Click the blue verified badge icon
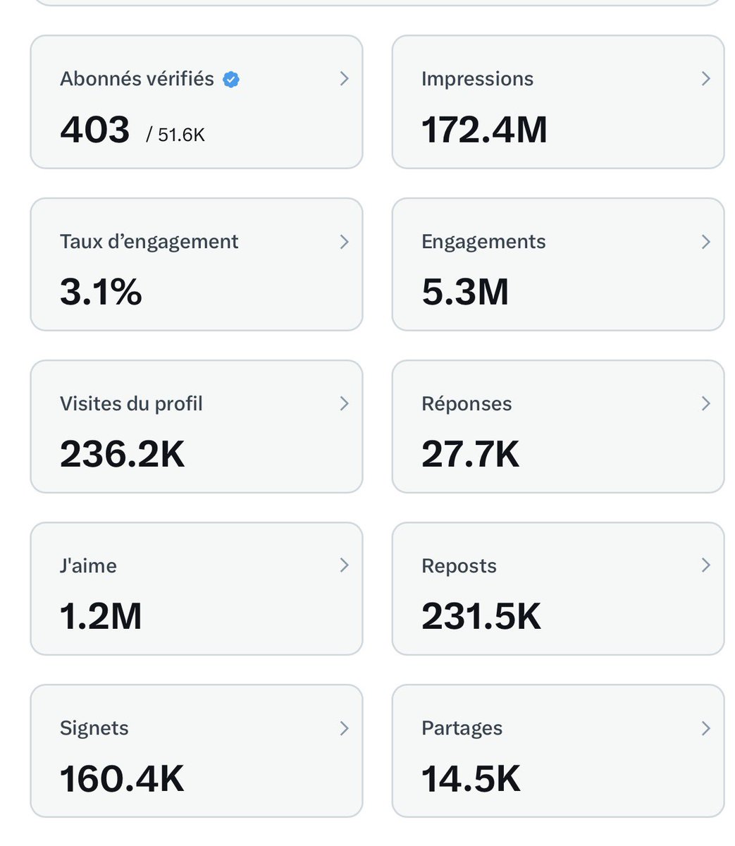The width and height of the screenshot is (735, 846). (231, 80)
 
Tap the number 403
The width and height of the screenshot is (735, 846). (95, 130)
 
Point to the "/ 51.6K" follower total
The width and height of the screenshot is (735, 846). (175, 134)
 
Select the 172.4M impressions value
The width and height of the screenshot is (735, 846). (484, 130)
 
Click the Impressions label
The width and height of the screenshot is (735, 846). (477, 79)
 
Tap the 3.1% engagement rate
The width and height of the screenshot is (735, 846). (101, 292)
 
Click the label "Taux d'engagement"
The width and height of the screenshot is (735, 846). (149, 242)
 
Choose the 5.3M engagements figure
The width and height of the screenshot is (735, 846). (465, 292)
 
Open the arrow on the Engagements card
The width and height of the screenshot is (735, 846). (705, 242)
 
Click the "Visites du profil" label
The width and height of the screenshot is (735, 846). (131, 404)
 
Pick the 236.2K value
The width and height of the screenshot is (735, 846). (122, 454)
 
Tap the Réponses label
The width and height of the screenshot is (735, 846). (467, 404)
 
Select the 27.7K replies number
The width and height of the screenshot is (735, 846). (470, 454)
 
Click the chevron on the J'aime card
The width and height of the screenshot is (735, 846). (344, 565)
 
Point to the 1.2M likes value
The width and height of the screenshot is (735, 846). (101, 616)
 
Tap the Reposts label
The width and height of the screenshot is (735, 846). (459, 566)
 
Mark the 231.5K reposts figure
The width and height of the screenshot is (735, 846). (481, 616)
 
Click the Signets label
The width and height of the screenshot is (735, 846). (94, 728)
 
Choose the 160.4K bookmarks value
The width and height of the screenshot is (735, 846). (122, 779)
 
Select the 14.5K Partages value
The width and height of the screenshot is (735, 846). (471, 779)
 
